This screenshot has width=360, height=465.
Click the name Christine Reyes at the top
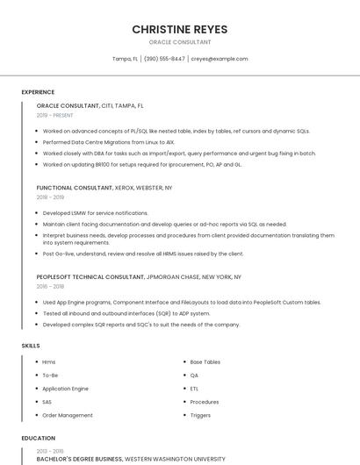point(180,29)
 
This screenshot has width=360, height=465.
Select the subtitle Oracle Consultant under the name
point(180,41)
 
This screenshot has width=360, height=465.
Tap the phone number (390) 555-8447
point(164,59)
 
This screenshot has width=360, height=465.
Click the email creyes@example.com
point(220,59)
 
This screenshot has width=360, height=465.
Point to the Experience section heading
point(38,92)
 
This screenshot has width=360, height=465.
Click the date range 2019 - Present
point(54,114)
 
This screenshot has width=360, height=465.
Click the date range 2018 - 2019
point(50,197)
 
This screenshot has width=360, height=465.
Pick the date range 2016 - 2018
point(50,286)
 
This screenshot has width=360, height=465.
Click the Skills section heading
point(31,346)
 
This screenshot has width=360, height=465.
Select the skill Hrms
point(48,362)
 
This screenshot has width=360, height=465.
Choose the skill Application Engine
point(65,389)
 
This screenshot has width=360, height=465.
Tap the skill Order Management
point(67,415)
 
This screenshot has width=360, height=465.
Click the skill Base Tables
point(205,362)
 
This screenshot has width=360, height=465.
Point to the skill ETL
point(194,389)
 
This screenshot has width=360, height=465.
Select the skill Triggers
point(200,415)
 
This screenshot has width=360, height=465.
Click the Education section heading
point(38,438)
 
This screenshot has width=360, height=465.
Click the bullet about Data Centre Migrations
point(109,141)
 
